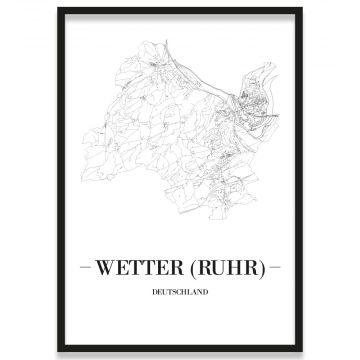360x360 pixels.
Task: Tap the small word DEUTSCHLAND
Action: (x=180, y=292)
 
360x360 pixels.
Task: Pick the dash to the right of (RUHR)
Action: (x=276, y=268)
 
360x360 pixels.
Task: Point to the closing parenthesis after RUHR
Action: (x=262, y=268)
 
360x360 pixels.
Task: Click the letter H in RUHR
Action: (x=236, y=268)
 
